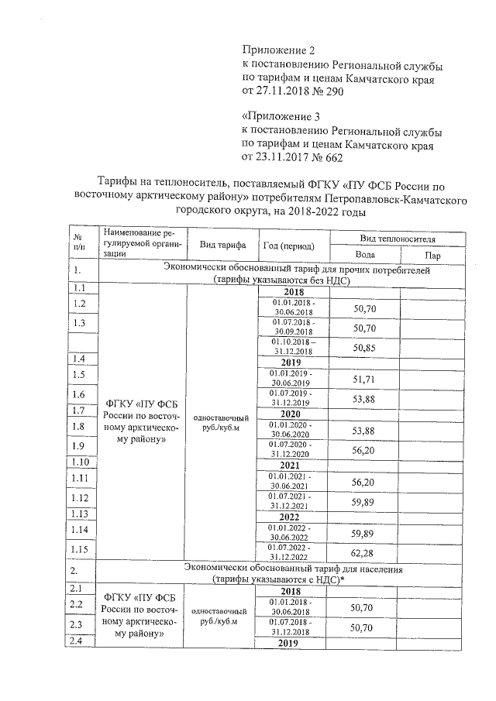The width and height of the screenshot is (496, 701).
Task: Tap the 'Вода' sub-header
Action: (365, 254)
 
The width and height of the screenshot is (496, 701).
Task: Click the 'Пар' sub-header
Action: (432, 255)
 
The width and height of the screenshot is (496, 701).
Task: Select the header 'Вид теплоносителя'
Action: (398, 237)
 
